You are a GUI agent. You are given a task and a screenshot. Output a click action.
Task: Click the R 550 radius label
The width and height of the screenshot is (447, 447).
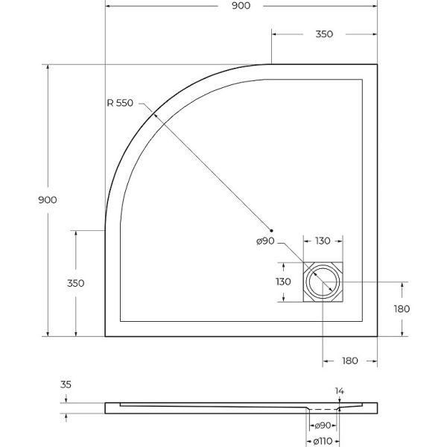click(x=120, y=103)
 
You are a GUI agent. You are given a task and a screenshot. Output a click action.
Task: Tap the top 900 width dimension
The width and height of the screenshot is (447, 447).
click(x=241, y=6)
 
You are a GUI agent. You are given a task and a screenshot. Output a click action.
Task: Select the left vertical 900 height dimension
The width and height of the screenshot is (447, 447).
click(x=48, y=200)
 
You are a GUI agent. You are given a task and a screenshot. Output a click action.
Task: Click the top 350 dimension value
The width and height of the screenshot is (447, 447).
click(x=324, y=34)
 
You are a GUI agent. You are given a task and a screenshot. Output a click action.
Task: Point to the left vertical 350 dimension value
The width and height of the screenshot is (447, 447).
click(x=75, y=283)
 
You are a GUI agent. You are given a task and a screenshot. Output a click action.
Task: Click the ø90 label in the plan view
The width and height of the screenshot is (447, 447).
click(x=265, y=241)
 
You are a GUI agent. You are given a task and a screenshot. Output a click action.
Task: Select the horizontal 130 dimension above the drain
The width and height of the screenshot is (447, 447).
click(x=323, y=241)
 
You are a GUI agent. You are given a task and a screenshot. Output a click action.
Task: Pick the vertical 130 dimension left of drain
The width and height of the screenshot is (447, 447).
click(x=283, y=282)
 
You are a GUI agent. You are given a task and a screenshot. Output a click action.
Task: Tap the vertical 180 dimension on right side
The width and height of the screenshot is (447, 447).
click(x=402, y=308)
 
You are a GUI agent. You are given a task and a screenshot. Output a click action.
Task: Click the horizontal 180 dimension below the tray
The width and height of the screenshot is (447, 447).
click(x=350, y=361)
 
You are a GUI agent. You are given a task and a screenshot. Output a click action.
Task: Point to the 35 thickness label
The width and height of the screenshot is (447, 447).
click(x=66, y=384)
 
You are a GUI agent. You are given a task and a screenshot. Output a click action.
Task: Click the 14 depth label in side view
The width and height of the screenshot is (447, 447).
click(x=339, y=391)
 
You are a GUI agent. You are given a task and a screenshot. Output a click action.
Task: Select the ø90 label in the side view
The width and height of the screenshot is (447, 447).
click(x=323, y=425)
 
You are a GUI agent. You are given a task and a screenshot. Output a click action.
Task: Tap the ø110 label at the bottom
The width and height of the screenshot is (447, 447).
click(x=323, y=442)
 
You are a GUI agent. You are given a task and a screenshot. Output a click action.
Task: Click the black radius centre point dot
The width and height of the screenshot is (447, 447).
click(x=271, y=230)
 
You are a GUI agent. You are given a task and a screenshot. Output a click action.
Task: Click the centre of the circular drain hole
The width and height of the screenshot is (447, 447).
click(x=323, y=282)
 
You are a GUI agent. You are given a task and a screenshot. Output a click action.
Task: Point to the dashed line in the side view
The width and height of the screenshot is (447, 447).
click(x=323, y=409)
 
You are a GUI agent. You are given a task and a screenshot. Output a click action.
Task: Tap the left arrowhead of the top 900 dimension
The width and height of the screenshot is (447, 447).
click(x=108, y=6)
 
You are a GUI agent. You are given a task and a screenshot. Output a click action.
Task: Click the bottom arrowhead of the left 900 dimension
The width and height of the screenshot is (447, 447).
click(x=48, y=334)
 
